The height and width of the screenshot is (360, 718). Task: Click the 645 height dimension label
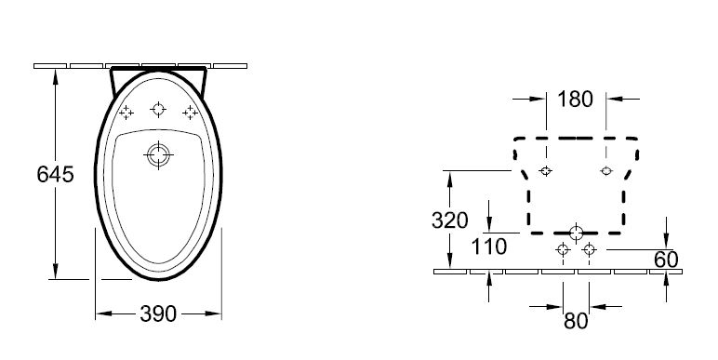(x=55, y=175)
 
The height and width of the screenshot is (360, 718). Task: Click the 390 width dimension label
(x=158, y=313)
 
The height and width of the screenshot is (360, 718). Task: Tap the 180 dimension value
(x=575, y=100)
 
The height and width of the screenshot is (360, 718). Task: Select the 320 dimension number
(x=449, y=220)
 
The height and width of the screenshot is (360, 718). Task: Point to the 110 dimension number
(x=489, y=247)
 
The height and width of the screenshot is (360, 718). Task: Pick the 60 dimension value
(x=666, y=260)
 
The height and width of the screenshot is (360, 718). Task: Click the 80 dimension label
(x=576, y=322)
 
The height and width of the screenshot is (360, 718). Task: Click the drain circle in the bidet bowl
(x=158, y=154)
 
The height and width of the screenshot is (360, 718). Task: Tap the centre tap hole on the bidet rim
(x=158, y=110)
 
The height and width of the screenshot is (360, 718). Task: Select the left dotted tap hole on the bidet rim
(x=126, y=113)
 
